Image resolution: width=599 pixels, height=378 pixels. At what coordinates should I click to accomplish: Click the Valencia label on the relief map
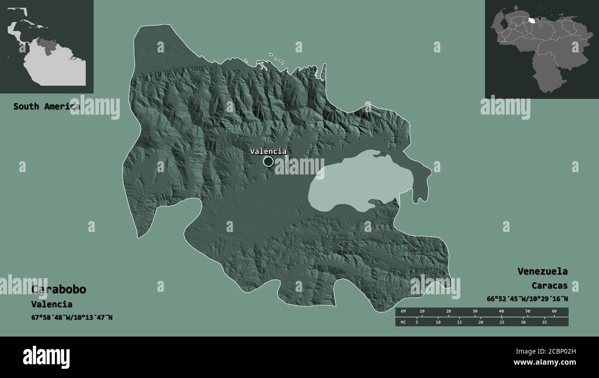pyautogui.click(x=268, y=151)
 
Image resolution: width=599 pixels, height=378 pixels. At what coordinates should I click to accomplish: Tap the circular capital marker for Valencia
pyautogui.click(x=268, y=162)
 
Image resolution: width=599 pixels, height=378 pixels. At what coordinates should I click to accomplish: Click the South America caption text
pyautogui.click(x=46, y=106)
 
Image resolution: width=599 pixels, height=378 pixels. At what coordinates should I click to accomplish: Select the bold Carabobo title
pyautogui.click(x=59, y=289)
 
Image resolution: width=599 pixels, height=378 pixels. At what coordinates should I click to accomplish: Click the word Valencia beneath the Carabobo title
pyautogui.click(x=52, y=304)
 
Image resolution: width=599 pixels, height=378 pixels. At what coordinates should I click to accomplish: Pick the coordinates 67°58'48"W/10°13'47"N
pyautogui.click(x=72, y=317)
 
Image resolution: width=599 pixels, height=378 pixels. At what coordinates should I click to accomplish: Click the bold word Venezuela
pyautogui.click(x=542, y=271)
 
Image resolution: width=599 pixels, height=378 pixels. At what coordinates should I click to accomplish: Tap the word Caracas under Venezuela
pyautogui.click(x=549, y=285)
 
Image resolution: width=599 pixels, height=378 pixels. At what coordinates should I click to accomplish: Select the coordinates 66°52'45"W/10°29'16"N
pyautogui.click(x=527, y=299)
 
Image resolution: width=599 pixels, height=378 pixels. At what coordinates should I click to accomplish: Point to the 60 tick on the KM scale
pyautogui.click(x=554, y=312)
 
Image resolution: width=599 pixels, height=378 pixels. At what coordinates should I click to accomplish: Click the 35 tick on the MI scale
pyautogui.click(x=544, y=322)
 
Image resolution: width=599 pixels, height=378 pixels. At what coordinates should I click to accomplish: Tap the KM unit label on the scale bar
pyautogui.click(x=403, y=312)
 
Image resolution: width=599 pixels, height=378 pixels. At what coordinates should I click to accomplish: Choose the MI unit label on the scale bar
pyautogui.click(x=403, y=322)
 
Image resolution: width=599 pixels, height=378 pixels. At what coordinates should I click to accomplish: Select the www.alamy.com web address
pyautogui.click(x=545, y=362)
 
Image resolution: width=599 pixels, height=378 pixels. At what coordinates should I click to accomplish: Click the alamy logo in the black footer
pyautogui.click(x=47, y=357)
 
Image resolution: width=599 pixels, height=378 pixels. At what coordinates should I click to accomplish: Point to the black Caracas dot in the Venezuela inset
pyautogui.click(x=540, y=19)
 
